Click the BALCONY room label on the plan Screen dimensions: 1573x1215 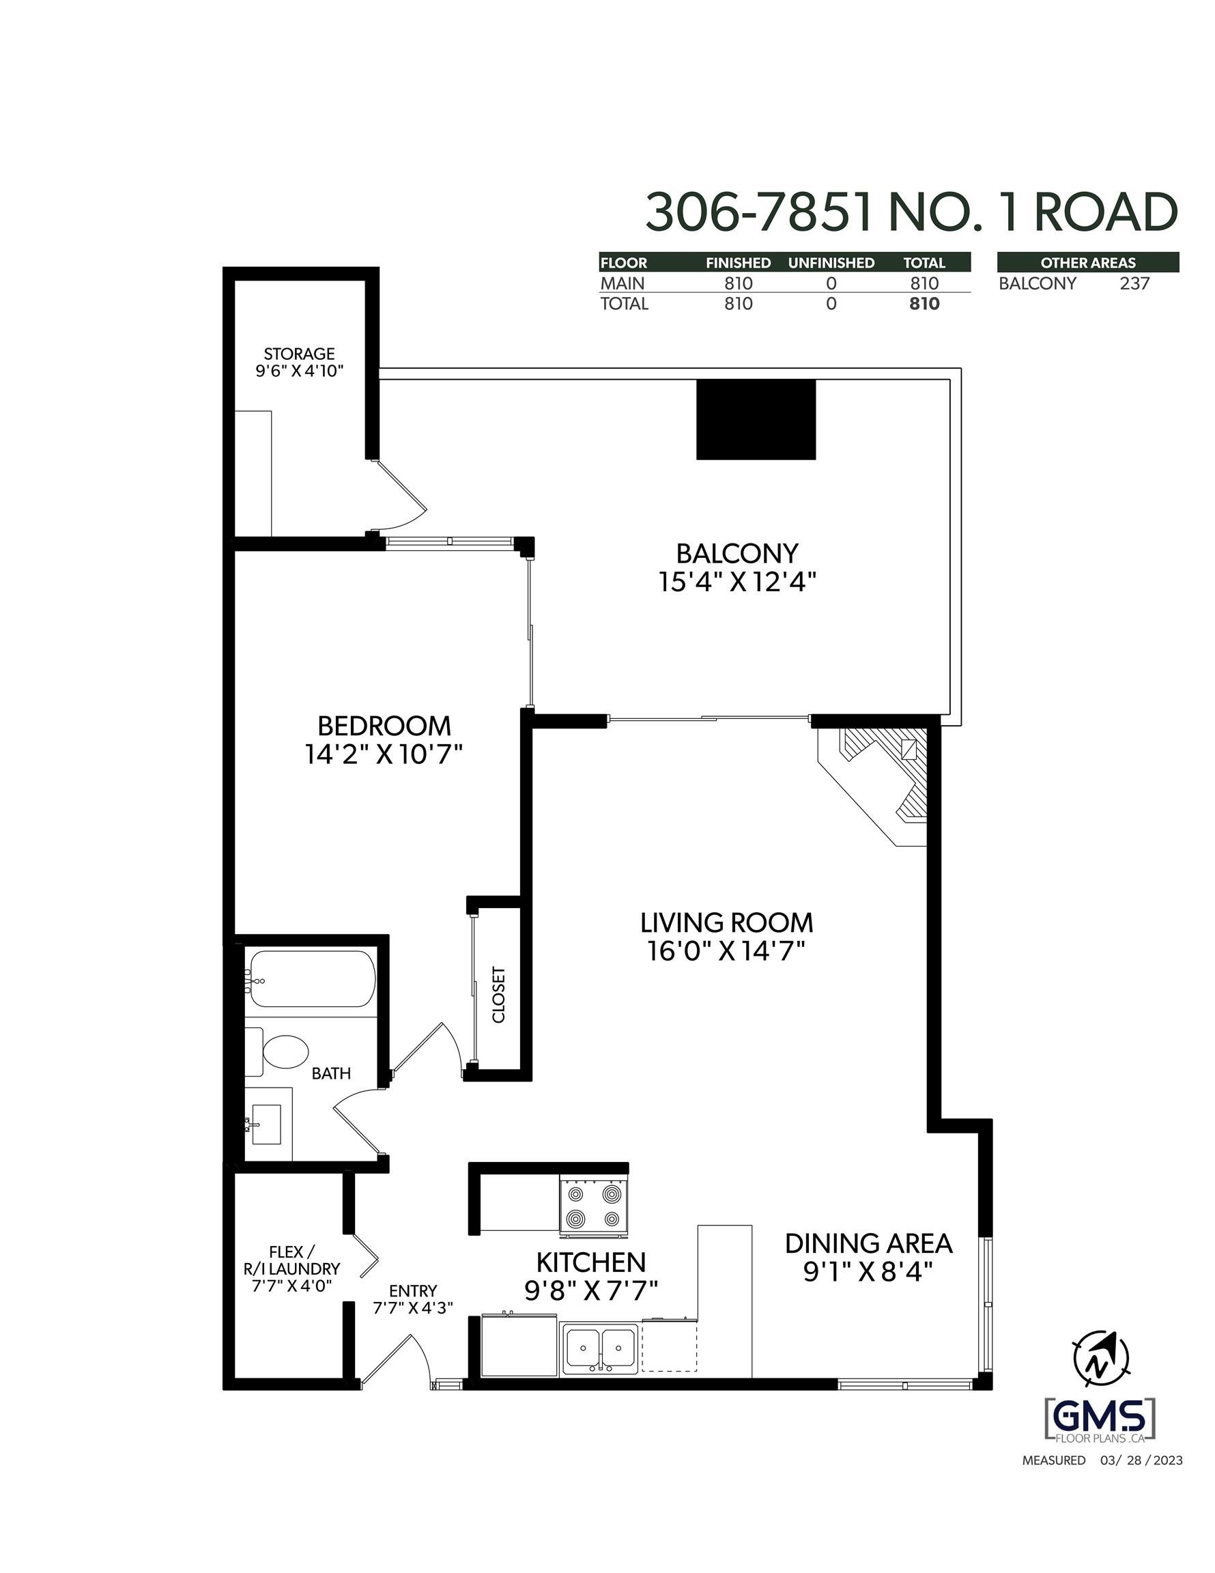pyautogui.click(x=737, y=554)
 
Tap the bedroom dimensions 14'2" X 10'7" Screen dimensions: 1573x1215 pyautogui.click(x=383, y=755)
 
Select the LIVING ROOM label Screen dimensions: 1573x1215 pyautogui.click(x=726, y=922)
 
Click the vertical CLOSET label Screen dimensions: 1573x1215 pyautogui.click(x=498, y=995)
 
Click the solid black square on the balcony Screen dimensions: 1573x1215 pyautogui.click(x=756, y=419)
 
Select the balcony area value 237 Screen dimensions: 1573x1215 pyautogui.click(x=1134, y=284)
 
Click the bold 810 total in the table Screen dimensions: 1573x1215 pyautogui.click(x=924, y=304)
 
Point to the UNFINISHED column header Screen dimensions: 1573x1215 pyautogui.click(x=831, y=263)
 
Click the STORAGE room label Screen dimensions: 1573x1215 pyautogui.click(x=299, y=354)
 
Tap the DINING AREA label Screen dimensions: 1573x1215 pyautogui.click(x=868, y=1244)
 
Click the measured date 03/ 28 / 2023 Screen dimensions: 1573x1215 pyautogui.click(x=1141, y=1460)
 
